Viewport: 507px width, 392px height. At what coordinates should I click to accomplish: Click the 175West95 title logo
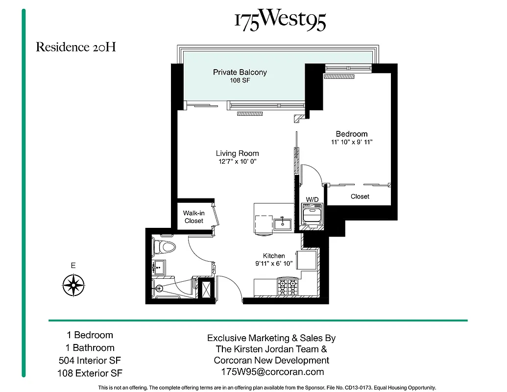[x=280, y=21]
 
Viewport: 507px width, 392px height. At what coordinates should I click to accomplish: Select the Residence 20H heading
[x=76, y=48]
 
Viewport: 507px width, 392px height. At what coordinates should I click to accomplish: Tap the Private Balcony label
[x=240, y=72]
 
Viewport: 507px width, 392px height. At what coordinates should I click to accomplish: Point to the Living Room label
[x=237, y=153]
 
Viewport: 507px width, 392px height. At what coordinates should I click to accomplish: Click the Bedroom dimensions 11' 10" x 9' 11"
[x=352, y=143]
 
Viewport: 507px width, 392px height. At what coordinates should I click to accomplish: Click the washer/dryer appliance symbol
[x=312, y=215]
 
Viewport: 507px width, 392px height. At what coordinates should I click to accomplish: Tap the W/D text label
[x=312, y=199]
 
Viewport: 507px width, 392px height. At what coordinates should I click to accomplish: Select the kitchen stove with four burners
[x=288, y=286]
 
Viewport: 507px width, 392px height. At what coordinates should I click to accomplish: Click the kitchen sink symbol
[x=283, y=224]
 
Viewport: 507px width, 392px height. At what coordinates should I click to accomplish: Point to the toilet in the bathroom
[x=164, y=246]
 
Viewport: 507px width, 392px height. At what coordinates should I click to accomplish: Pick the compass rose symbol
[x=73, y=284]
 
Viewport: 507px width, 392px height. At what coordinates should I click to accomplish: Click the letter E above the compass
[x=73, y=266]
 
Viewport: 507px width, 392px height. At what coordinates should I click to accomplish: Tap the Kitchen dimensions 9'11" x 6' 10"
[x=274, y=264]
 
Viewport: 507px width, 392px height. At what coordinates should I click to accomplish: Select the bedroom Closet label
[x=360, y=196]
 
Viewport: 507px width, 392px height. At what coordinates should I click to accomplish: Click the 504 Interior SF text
[x=90, y=361]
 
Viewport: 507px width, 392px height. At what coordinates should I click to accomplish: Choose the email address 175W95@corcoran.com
[x=273, y=372]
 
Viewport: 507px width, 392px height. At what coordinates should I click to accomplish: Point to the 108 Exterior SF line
[x=90, y=373]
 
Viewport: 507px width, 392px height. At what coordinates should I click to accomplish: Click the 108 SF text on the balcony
[x=240, y=80]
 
